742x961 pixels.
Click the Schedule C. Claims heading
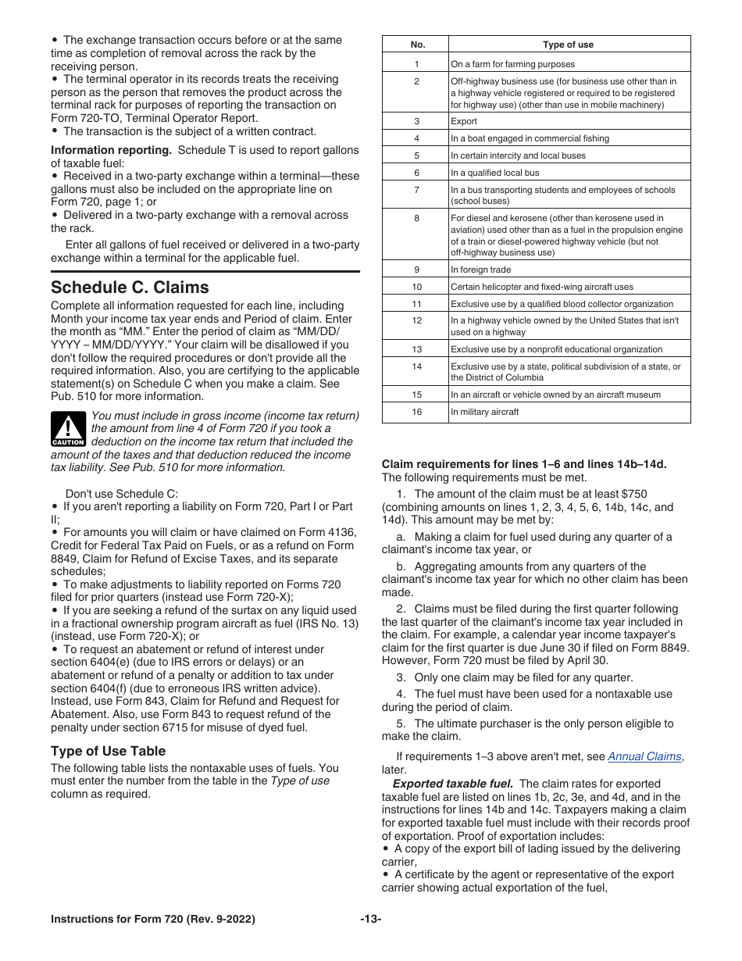click(x=130, y=287)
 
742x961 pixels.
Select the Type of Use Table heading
click(x=108, y=751)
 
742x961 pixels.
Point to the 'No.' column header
click(x=416, y=45)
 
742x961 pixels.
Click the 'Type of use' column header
click(x=568, y=45)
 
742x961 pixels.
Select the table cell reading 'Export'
click(x=464, y=121)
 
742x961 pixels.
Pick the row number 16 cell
click(x=416, y=412)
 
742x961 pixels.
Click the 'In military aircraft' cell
click(x=484, y=412)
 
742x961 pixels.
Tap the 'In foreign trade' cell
click(x=480, y=270)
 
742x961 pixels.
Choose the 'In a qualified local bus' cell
click(x=494, y=173)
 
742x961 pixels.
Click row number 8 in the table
click(x=416, y=219)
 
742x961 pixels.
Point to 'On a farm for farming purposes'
click(x=512, y=64)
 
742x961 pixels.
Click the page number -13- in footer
click(x=371, y=920)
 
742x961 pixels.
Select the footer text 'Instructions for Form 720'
click(x=152, y=920)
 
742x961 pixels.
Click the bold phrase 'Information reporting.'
click(x=111, y=150)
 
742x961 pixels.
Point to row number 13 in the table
click(x=416, y=349)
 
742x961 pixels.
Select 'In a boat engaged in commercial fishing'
click(x=530, y=138)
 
